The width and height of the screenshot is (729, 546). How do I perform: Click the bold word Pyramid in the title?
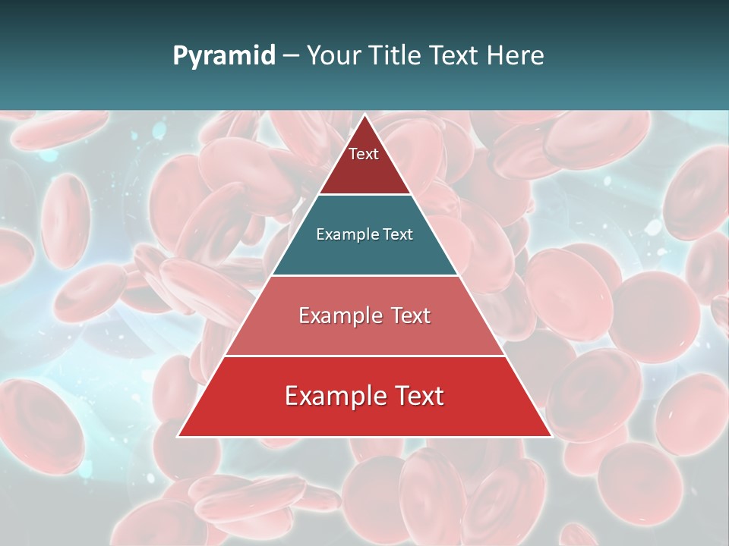[x=223, y=56]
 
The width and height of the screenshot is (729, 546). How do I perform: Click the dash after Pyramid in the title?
[x=291, y=56]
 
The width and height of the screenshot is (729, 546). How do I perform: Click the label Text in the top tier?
[x=364, y=154]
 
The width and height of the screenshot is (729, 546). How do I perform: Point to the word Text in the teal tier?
[x=398, y=234]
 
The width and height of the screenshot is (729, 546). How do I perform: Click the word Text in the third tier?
[x=411, y=315]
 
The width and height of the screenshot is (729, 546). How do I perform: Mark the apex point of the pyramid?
[x=364, y=115]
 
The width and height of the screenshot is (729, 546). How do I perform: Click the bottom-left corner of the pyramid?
[x=178, y=436]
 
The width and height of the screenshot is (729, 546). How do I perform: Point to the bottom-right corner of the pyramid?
[x=551, y=436]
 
